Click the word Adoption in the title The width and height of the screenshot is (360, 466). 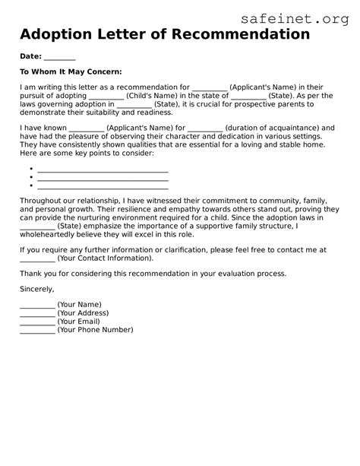59,35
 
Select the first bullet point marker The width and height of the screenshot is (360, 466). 30,169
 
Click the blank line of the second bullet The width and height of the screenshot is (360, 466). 103,178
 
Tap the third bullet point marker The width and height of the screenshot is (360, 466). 30,185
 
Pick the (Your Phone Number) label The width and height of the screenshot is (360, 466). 95,329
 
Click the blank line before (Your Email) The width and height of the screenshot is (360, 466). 36,322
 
